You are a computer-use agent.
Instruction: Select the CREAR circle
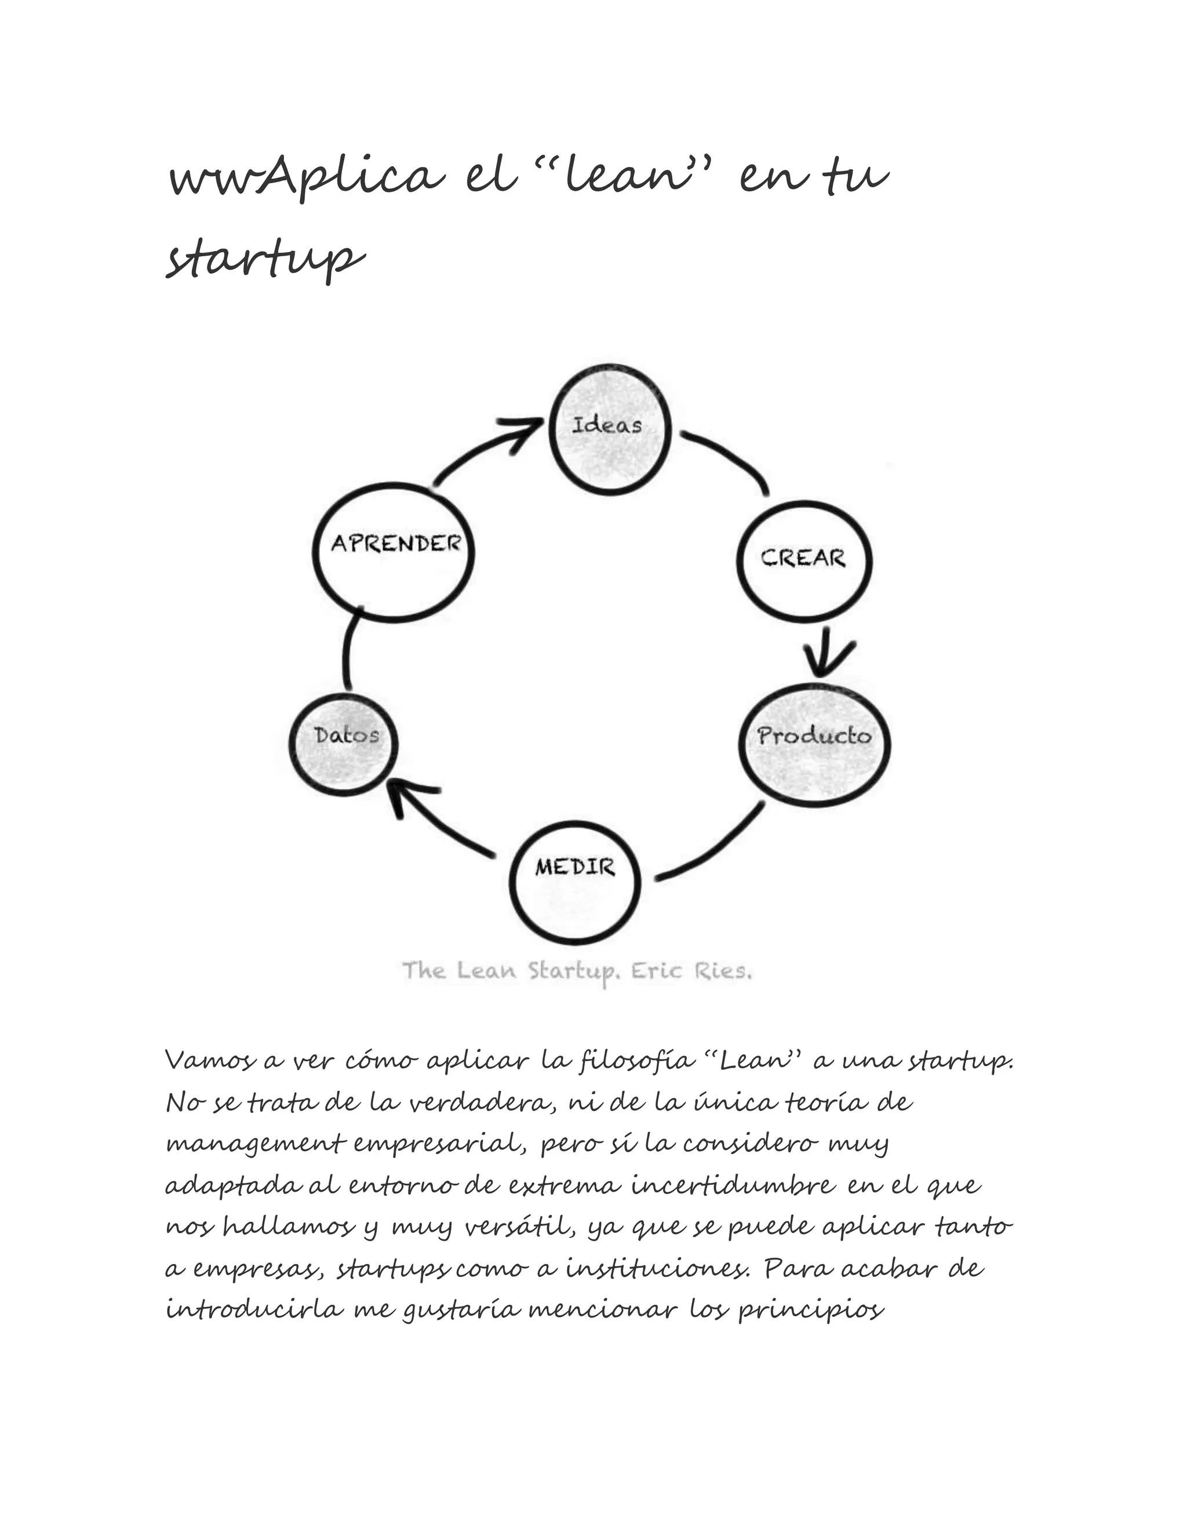click(804, 560)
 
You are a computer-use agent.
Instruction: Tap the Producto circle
click(815, 745)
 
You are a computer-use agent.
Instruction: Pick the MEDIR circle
click(575, 884)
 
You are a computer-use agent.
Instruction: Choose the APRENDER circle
click(394, 552)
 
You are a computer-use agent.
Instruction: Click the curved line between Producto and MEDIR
click(718, 847)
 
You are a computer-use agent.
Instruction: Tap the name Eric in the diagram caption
click(657, 971)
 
